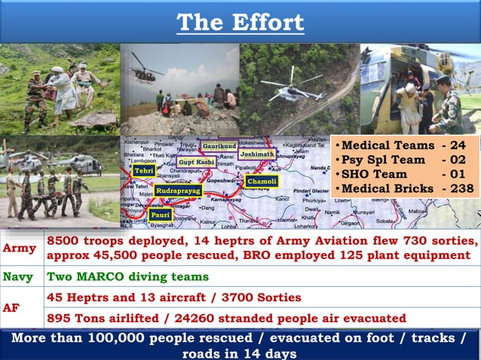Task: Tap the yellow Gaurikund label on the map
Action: pos(219,145)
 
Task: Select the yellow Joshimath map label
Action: pos(258,154)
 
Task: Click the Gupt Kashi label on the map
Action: pos(196,162)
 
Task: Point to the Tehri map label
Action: pos(144,172)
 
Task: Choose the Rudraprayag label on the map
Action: pos(178,192)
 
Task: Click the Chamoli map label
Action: pos(262,182)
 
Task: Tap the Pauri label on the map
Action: pos(161,215)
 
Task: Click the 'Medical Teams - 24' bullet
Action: pos(403,145)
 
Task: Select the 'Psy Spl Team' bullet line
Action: pos(403,160)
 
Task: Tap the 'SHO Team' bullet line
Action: pos(403,174)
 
